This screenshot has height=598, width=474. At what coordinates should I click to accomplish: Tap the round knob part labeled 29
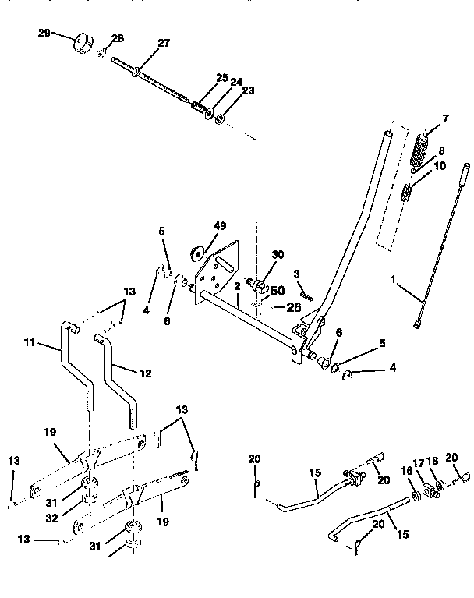tap(82, 41)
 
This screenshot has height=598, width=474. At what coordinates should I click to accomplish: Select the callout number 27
tap(164, 44)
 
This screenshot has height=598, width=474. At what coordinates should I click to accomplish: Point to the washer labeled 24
tap(210, 111)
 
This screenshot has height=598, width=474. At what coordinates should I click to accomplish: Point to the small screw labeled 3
tap(305, 295)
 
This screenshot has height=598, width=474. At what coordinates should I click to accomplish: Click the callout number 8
tap(441, 151)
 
